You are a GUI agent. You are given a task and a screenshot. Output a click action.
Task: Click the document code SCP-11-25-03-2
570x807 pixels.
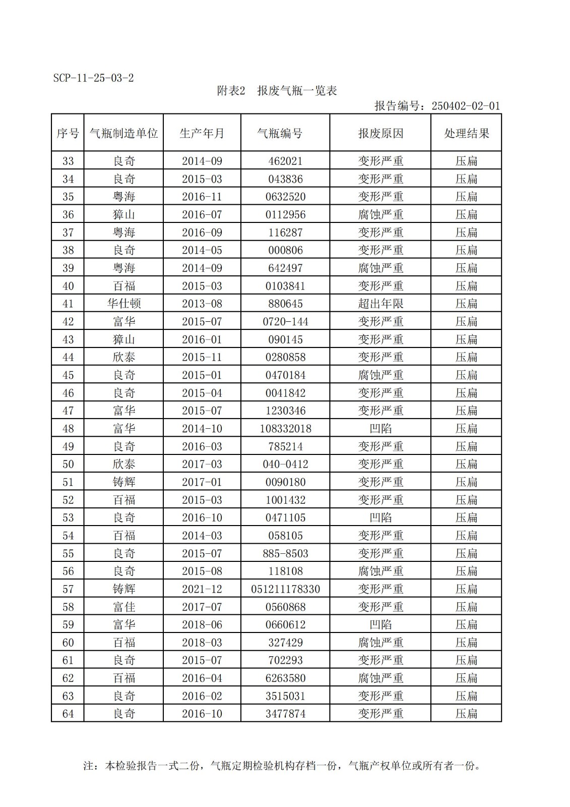pyautogui.click(x=93, y=78)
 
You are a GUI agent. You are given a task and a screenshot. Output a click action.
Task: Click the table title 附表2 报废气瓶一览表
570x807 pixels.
pyautogui.click(x=277, y=91)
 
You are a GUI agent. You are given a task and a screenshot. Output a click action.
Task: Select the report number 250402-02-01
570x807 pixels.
pyautogui.click(x=465, y=106)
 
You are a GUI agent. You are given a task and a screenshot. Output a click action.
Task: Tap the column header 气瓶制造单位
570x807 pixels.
pyautogui.click(x=123, y=133)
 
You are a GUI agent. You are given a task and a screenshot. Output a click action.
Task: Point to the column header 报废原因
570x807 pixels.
pyautogui.click(x=381, y=133)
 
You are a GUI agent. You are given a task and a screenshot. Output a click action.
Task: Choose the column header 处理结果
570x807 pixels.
pyautogui.click(x=466, y=133)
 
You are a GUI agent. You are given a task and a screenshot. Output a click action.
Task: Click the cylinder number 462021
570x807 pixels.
pyautogui.click(x=285, y=161)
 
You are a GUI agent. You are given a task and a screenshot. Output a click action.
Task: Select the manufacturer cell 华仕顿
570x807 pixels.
pyautogui.click(x=124, y=304)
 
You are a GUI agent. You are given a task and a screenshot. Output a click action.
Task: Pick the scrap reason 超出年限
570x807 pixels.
pyautogui.click(x=381, y=304)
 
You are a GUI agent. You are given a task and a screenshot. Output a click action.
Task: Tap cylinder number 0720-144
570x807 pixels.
pyautogui.click(x=285, y=322)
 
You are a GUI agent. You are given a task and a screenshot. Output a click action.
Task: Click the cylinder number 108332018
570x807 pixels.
pyautogui.click(x=285, y=429)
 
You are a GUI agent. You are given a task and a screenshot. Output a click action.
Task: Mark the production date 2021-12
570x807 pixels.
pyautogui.click(x=202, y=589)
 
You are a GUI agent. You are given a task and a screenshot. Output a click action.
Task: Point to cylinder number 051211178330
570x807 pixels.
pyautogui.click(x=285, y=589)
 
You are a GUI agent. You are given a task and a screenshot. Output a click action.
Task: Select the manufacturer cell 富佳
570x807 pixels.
pyautogui.click(x=124, y=607)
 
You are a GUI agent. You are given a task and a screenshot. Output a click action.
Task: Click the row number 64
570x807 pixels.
pyautogui.click(x=68, y=714)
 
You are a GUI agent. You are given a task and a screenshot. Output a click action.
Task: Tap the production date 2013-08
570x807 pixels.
pyautogui.click(x=202, y=304)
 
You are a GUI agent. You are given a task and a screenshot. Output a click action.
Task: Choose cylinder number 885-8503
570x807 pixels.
pyautogui.click(x=285, y=553)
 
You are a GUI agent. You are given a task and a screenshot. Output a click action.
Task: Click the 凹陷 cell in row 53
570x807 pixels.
pyautogui.click(x=381, y=517)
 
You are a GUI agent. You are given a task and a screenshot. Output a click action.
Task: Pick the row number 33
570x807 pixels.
pyautogui.click(x=68, y=161)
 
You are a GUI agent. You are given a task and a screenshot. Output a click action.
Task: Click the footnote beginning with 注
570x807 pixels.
pyautogui.click(x=281, y=766)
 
